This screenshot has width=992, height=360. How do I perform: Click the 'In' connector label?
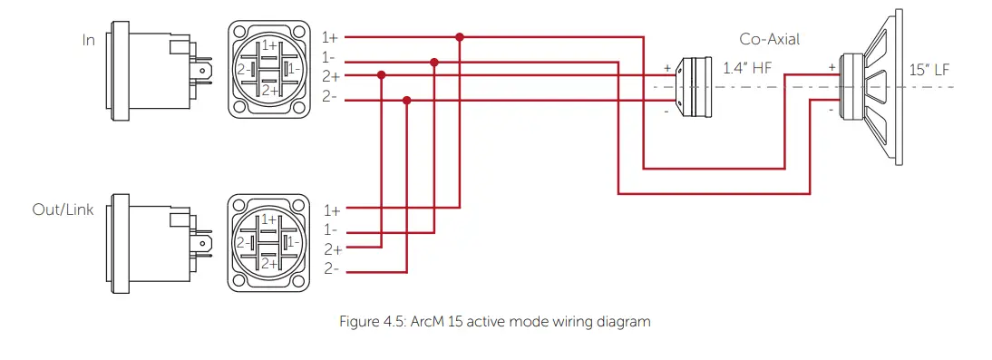tap(88, 40)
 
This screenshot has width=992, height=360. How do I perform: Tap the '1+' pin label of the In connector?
tap(330, 37)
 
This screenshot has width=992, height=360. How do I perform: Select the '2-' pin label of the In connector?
tap(330, 97)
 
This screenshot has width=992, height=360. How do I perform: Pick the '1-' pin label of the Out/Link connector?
tap(330, 230)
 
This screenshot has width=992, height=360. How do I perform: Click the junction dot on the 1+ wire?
tap(460, 37)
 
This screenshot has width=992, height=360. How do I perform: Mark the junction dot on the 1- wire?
tap(434, 63)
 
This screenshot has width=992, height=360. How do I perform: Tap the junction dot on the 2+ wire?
tap(382, 75)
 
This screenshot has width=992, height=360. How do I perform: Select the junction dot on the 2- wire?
tap(407, 101)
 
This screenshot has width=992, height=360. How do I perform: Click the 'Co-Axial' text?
tap(770, 39)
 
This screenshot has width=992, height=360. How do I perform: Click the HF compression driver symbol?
tap(697, 87)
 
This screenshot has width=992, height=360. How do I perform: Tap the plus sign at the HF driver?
tap(667, 67)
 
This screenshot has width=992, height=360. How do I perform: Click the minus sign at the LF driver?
tap(832, 110)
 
